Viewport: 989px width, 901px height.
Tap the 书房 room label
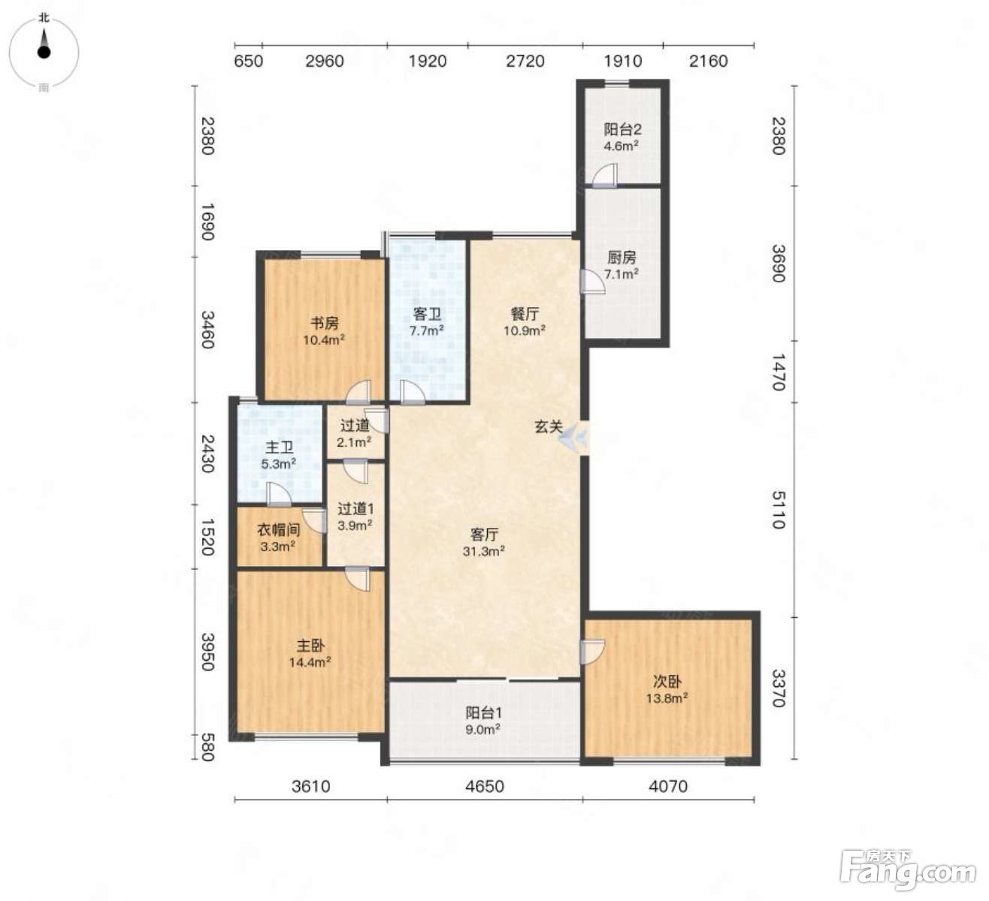point(324,323)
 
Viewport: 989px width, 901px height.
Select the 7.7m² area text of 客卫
point(426,330)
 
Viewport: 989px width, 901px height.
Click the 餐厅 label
point(525,313)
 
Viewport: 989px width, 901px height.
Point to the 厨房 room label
point(622,257)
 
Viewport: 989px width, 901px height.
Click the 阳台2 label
point(622,130)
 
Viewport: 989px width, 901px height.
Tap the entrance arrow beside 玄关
point(573,435)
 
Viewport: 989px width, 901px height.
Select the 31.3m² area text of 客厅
point(484,551)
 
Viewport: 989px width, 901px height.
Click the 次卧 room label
point(667,681)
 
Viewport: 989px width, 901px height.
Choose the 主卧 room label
point(310,645)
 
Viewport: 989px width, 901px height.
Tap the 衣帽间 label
point(279,529)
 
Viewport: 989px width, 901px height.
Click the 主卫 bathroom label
point(279,447)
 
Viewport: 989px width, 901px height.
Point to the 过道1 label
point(356,508)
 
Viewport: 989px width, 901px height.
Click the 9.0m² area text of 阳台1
point(483,729)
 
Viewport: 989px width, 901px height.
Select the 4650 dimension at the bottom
point(485,786)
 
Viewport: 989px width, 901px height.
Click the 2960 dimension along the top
point(325,61)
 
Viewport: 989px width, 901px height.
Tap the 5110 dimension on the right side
point(779,510)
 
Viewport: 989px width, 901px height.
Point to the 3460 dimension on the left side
point(208,330)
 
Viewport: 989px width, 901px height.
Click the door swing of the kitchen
point(593,282)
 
